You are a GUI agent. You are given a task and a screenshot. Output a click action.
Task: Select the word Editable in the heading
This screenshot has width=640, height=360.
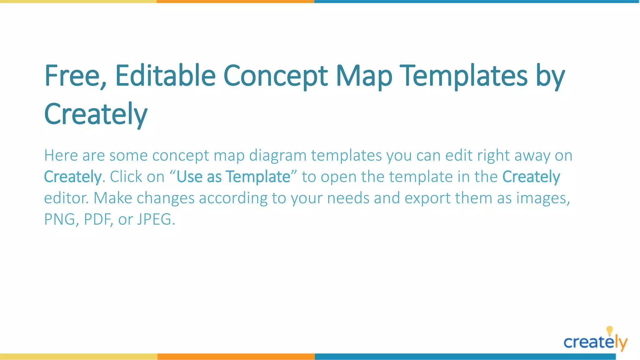(x=165, y=76)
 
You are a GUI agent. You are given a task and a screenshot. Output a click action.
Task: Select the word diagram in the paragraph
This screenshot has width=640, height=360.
(x=277, y=156)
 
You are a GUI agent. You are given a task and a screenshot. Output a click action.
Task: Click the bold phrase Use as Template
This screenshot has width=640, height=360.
(x=233, y=177)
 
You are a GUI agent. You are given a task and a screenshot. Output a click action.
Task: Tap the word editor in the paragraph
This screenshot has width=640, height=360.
(x=66, y=198)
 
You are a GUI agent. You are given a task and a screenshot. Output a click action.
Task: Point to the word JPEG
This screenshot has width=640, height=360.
(x=154, y=219)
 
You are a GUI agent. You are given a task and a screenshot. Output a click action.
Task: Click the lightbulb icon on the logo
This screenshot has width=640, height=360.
(x=609, y=330)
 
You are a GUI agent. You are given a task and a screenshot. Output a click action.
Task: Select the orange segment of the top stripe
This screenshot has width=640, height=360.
(x=235, y=2)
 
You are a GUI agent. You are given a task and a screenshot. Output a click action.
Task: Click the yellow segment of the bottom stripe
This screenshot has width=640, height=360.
(x=78, y=357)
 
